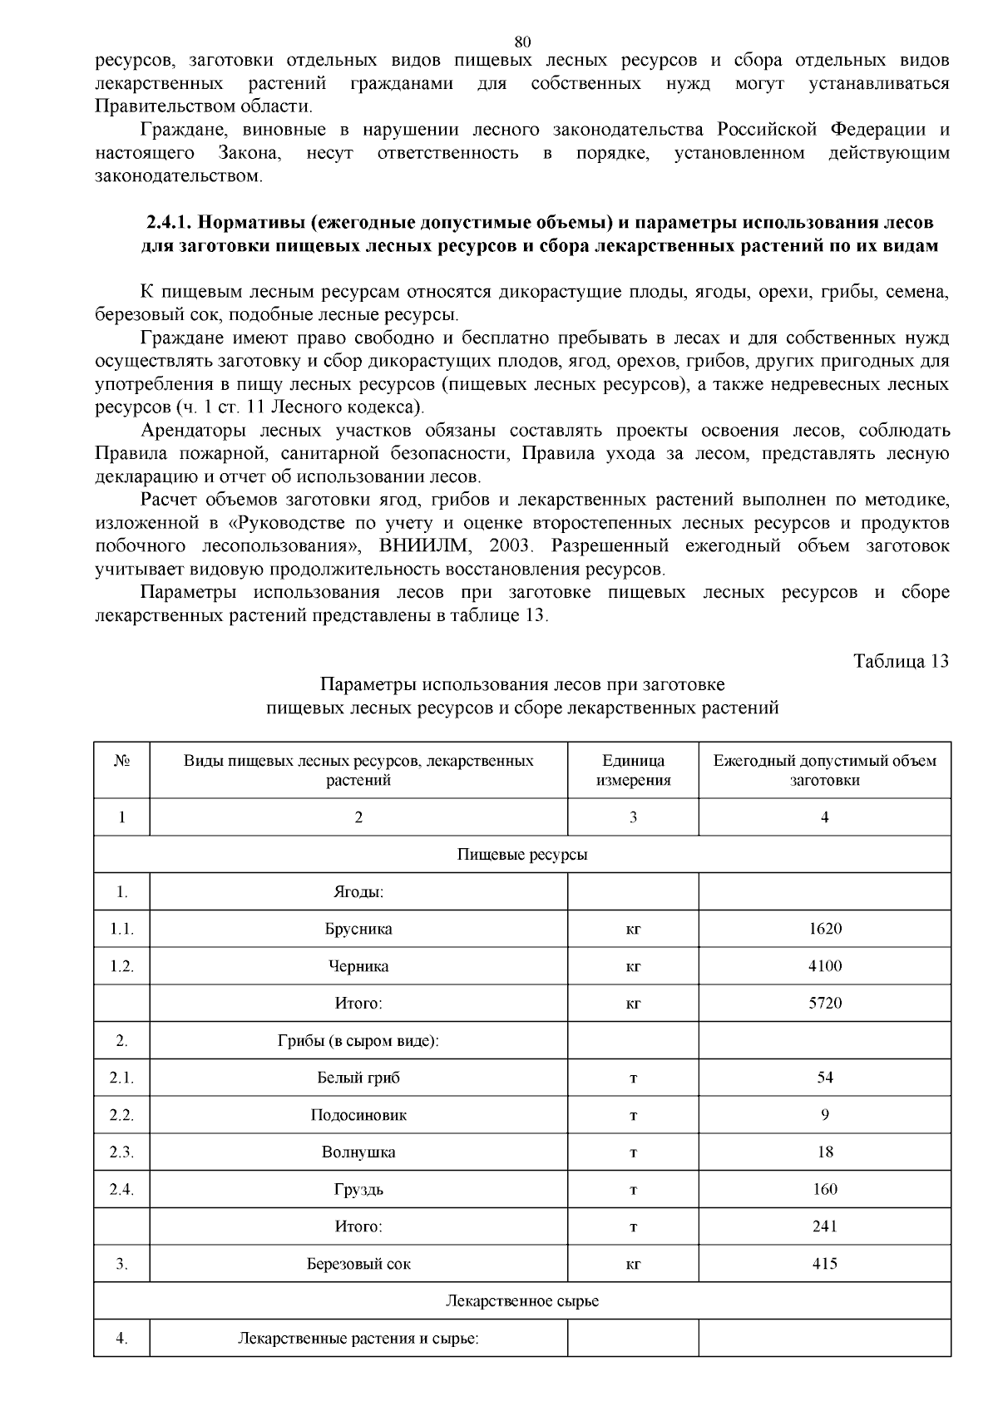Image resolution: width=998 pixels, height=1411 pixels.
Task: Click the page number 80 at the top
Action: click(x=522, y=42)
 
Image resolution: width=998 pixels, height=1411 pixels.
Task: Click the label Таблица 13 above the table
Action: click(x=901, y=661)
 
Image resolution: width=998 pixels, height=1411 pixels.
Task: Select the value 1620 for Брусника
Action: click(x=824, y=929)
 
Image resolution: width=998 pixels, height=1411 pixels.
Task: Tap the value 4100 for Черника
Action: click(x=824, y=966)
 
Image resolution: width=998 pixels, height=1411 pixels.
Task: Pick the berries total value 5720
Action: click(x=824, y=1003)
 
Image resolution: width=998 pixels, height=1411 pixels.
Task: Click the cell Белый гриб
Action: click(x=358, y=1078)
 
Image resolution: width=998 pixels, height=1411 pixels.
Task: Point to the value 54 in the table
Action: click(x=824, y=1078)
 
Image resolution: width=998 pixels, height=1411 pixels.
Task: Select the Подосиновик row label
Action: click(x=358, y=1115)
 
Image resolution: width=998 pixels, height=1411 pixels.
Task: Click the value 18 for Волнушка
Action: click(x=824, y=1152)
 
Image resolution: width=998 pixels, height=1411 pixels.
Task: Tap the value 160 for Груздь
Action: click(x=824, y=1189)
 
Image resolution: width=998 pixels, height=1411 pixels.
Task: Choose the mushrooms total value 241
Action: click(x=824, y=1226)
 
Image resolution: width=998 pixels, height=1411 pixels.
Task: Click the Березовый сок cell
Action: click(x=358, y=1264)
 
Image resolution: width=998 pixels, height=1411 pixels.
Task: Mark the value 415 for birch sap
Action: click(x=824, y=1264)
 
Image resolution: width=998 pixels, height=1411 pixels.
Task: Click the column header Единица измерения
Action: click(x=633, y=770)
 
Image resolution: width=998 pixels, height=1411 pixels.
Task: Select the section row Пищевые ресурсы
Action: click(x=522, y=855)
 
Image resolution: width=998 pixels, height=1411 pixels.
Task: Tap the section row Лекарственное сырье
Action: click(x=522, y=1300)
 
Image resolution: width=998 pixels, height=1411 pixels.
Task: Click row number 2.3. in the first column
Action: click(x=121, y=1152)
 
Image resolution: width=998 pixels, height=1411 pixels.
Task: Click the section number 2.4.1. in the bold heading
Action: click(x=168, y=223)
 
